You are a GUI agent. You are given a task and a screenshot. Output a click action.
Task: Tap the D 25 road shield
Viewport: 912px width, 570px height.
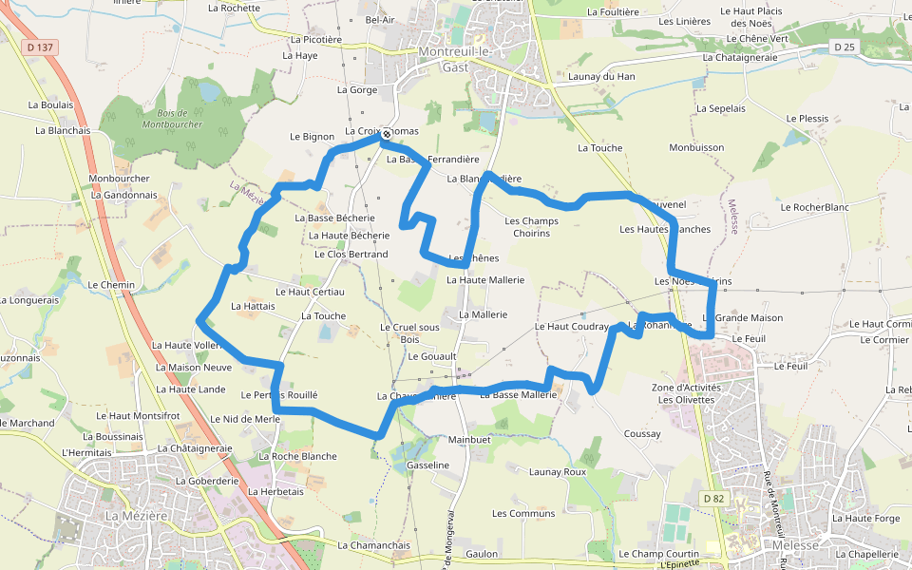click(x=845, y=47)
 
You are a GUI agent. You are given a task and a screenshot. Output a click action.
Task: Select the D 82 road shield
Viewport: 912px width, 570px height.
click(x=713, y=498)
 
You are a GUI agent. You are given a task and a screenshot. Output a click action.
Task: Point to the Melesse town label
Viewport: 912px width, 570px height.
click(x=796, y=545)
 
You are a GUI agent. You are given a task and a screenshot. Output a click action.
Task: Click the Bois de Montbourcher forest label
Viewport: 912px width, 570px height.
click(x=174, y=119)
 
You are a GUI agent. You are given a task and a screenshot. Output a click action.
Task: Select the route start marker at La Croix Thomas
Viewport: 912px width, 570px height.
click(x=387, y=135)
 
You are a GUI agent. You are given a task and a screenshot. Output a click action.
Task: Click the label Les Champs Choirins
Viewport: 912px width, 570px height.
click(x=531, y=227)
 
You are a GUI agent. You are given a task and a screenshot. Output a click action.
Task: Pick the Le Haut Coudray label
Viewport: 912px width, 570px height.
click(x=571, y=326)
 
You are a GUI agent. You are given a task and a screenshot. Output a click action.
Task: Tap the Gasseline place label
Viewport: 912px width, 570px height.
click(x=427, y=465)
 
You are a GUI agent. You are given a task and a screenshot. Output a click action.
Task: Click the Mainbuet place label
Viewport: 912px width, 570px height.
click(x=469, y=440)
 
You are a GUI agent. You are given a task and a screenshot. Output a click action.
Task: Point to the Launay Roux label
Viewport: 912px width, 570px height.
click(x=558, y=471)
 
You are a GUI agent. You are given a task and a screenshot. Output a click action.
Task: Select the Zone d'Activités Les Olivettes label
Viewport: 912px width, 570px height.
click(x=686, y=393)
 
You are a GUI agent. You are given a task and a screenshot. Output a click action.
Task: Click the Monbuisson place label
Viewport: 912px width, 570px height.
click(x=696, y=147)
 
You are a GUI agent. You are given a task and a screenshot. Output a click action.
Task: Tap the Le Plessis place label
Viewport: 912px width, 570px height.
click(x=807, y=119)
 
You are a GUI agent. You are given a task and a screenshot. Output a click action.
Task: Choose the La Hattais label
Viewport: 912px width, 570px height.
click(x=253, y=306)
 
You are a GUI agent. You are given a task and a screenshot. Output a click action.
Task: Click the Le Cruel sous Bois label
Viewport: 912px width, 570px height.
click(x=409, y=332)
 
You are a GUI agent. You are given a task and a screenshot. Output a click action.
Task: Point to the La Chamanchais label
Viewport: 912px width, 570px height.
click(x=373, y=545)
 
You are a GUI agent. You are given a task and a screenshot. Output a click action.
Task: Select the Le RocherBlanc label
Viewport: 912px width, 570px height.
click(x=814, y=206)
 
